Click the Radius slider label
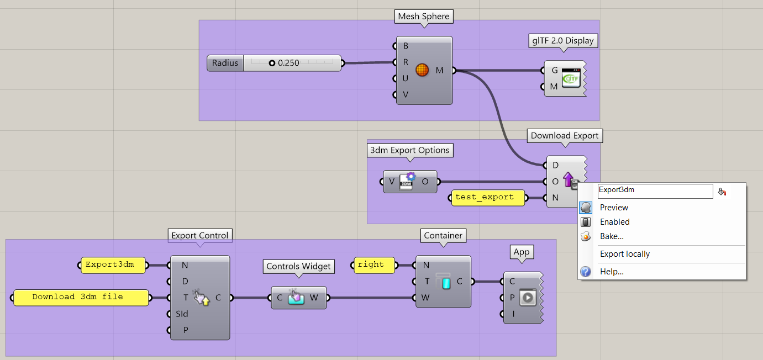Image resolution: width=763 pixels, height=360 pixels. coord(225,63)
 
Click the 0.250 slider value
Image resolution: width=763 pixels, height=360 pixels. coord(288,63)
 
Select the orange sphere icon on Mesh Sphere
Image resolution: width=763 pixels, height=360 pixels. coord(422,70)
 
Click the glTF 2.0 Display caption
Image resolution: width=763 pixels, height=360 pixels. coord(562,40)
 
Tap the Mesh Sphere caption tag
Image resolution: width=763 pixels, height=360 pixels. coord(423,17)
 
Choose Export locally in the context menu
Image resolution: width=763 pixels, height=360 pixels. coord(625,254)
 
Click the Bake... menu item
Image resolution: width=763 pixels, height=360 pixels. coord(612,236)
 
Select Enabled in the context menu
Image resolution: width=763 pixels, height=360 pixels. coord(614,222)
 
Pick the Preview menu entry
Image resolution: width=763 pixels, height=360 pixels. coord(614,208)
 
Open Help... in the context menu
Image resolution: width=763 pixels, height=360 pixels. coord(612,272)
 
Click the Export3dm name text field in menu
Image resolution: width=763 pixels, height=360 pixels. coord(655,190)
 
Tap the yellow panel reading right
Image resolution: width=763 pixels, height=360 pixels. coord(375,265)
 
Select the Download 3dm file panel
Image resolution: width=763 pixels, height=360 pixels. coord(81,298)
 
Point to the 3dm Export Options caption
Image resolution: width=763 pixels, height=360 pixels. coord(409,150)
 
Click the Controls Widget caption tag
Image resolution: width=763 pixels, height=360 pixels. coord(298,266)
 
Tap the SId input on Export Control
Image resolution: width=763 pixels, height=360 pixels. coord(182,314)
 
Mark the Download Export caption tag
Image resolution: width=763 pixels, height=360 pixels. coord(564,135)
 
